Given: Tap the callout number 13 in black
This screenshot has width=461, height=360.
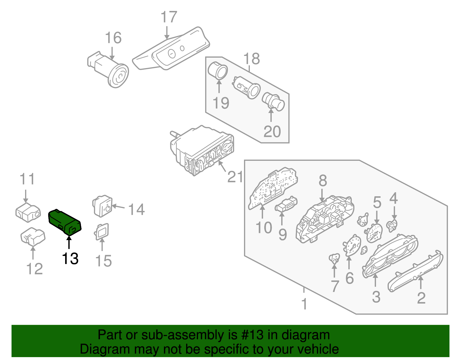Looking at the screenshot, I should pos(70,259).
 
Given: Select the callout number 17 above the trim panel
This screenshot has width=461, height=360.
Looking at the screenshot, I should pos(169,17).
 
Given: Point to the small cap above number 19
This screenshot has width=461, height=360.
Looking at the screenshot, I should pos(218,71).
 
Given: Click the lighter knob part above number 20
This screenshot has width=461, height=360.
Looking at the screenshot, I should pos(273,102).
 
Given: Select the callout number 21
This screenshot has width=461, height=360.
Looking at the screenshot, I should pos(235,177).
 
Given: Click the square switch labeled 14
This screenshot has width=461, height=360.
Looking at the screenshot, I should pos(103,206).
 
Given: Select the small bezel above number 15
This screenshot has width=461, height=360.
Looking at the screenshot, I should pos(102,232).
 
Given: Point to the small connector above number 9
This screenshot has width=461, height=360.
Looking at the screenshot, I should pos(286,205).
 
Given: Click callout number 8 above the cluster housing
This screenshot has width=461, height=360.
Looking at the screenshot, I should pos(323,181).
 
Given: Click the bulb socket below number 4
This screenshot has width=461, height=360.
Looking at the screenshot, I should pos(392,225).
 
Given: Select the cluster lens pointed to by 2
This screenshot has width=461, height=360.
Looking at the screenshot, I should pos(416,271).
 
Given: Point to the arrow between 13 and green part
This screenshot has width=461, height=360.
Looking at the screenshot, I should pos(69,242).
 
